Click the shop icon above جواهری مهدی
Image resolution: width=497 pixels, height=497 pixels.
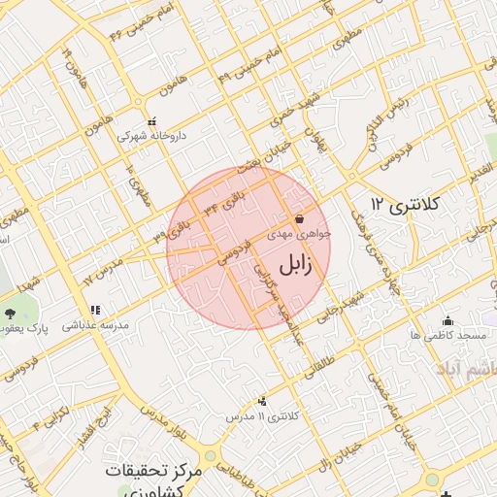[x=299, y=218]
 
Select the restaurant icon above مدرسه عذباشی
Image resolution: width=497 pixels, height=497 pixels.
[x=94, y=311]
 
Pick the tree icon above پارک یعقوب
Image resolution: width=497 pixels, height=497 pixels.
[x=12, y=313]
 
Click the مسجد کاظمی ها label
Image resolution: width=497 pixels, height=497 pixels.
[x=447, y=335]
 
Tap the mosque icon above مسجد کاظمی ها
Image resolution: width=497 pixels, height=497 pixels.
[x=447, y=320]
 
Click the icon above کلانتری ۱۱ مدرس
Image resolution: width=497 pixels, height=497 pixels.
[x=263, y=401]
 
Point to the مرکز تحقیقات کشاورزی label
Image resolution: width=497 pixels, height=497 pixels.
[x=156, y=478]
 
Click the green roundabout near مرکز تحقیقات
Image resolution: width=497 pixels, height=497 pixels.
[x=211, y=455]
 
